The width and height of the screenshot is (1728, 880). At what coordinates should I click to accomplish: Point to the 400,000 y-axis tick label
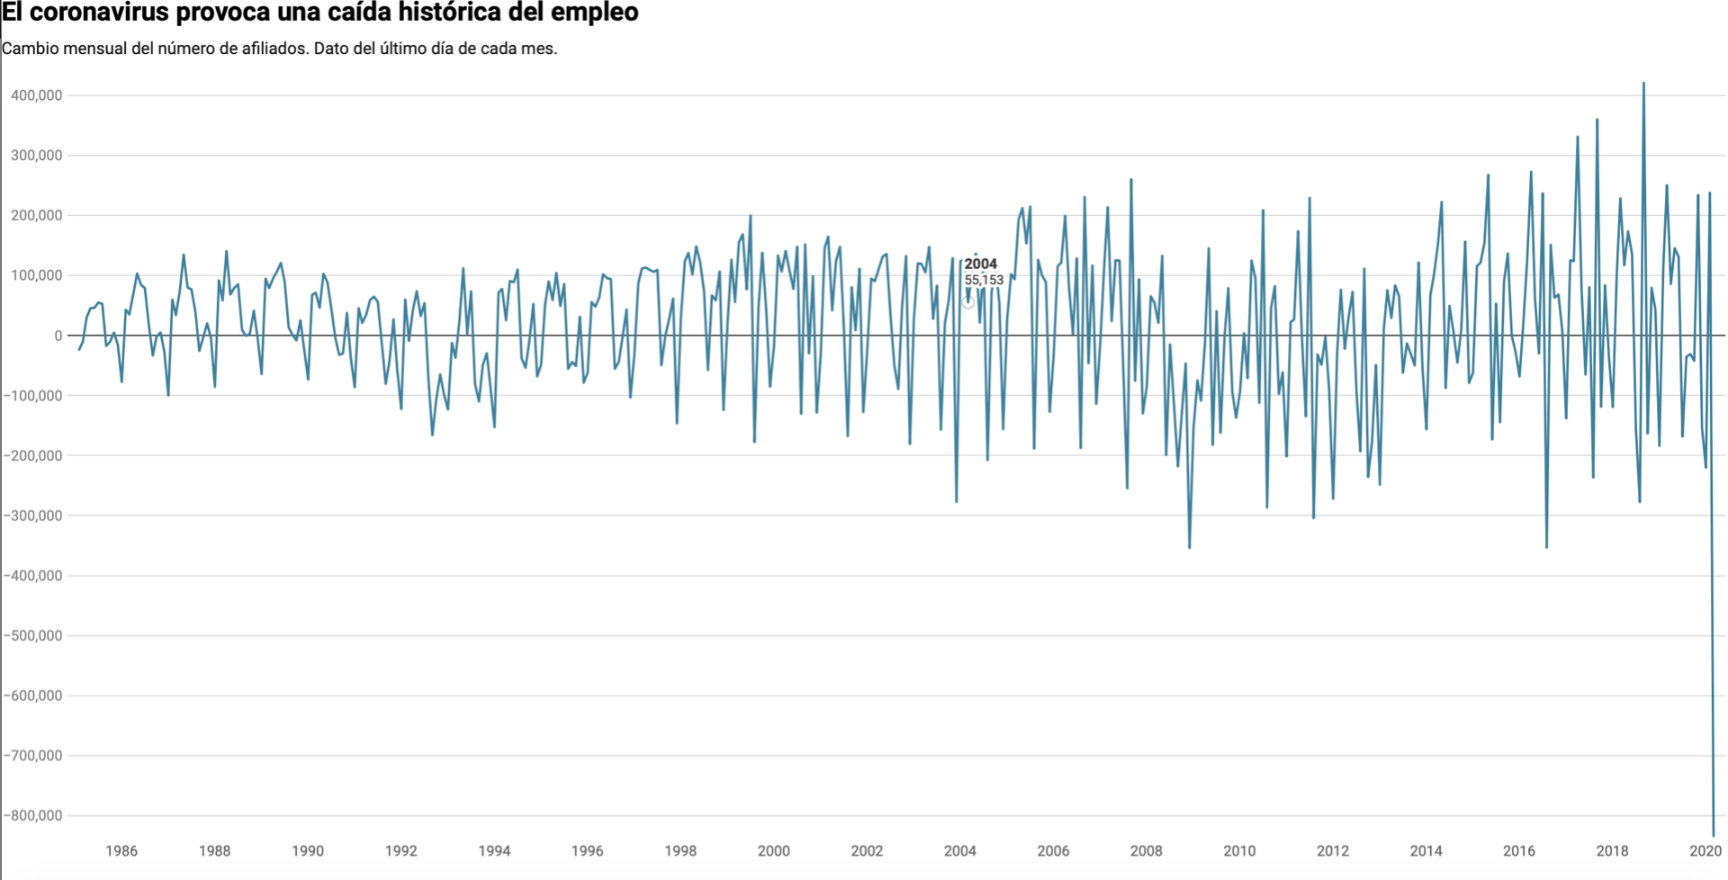click(x=36, y=95)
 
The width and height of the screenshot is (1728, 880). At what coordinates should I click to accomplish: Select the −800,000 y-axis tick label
click(x=32, y=816)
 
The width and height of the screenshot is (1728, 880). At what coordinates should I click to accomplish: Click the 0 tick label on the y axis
click(x=58, y=336)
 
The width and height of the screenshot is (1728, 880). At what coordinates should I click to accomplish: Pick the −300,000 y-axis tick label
click(x=32, y=516)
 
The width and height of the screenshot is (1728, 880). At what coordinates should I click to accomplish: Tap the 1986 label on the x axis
click(x=121, y=851)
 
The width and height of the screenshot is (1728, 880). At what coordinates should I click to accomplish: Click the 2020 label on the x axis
click(x=1705, y=851)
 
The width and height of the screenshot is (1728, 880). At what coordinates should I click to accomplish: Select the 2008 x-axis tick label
click(x=1146, y=851)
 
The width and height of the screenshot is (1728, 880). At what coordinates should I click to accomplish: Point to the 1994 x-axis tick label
click(x=494, y=851)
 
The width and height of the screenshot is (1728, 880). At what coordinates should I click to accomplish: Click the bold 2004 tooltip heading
click(x=981, y=265)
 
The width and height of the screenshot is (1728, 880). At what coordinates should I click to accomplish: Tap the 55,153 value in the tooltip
click(x=984, y=280)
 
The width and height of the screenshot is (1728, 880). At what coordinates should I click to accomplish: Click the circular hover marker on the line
click(x=967, y=302)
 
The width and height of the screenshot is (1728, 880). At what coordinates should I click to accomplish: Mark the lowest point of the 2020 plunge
click(x=1714, y=836)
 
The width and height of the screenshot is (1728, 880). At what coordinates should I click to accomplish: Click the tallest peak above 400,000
click(x=1643, y=84)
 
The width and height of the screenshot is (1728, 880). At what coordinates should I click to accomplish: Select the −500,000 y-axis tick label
click(x=32, y=636)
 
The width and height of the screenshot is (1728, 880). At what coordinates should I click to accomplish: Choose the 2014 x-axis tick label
click(x=1426, y=851)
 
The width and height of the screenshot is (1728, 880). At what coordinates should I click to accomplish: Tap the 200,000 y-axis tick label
click(x=36, y=216)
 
